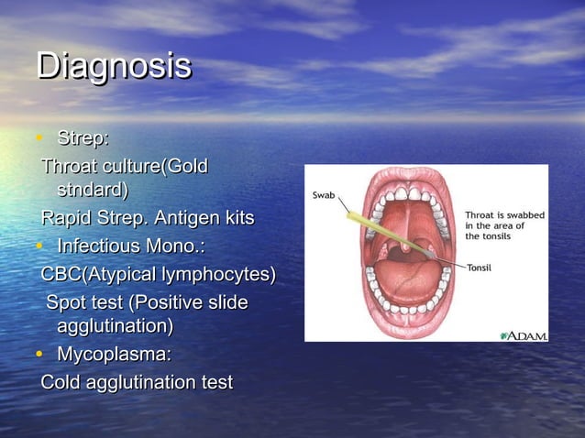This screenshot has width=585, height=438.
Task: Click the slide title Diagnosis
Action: (x=114, y=67)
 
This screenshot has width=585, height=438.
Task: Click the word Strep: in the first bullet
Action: (x=83, y=139)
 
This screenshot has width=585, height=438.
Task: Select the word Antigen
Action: (x=186, y=219)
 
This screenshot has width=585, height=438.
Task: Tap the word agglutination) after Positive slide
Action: (x=115, y=325)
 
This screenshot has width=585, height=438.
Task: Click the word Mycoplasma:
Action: (x=114, y=354)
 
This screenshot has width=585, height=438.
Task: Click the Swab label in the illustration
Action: (x=325, y=195)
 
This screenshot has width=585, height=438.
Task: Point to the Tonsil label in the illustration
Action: (x=484, y=267)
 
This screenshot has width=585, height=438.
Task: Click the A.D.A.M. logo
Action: (x=524, y=335)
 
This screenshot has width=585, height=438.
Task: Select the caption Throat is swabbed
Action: (x=504, y=214)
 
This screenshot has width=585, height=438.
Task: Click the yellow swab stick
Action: (x=372, y=229)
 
